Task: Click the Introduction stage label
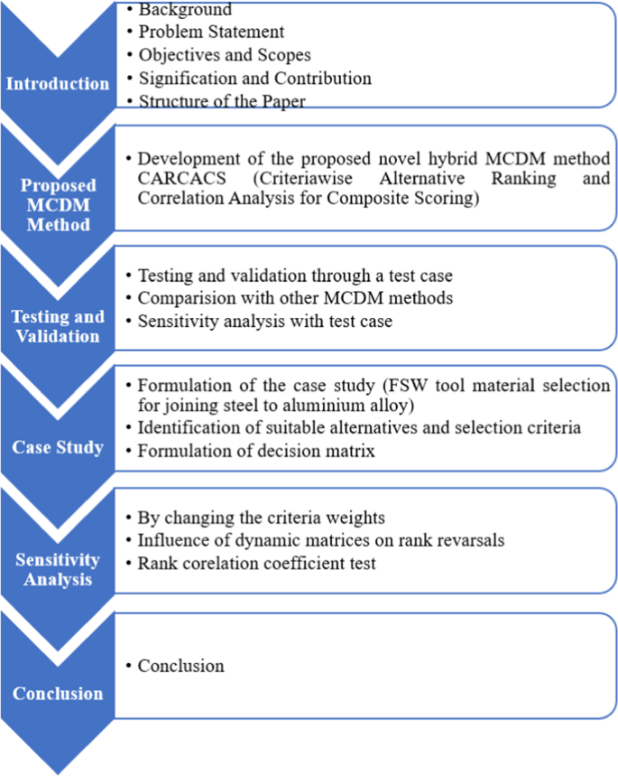point(57,84)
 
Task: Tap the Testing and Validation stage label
point(57,326)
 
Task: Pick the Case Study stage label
point(57,447)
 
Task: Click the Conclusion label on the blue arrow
point(57,694)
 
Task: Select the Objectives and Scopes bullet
point(224,56)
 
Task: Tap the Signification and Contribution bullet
point(254,79)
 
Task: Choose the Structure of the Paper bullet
point(221,101)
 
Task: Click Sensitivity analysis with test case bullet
point(264,321)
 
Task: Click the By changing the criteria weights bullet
point(250,519)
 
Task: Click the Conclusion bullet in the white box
point(180,666)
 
